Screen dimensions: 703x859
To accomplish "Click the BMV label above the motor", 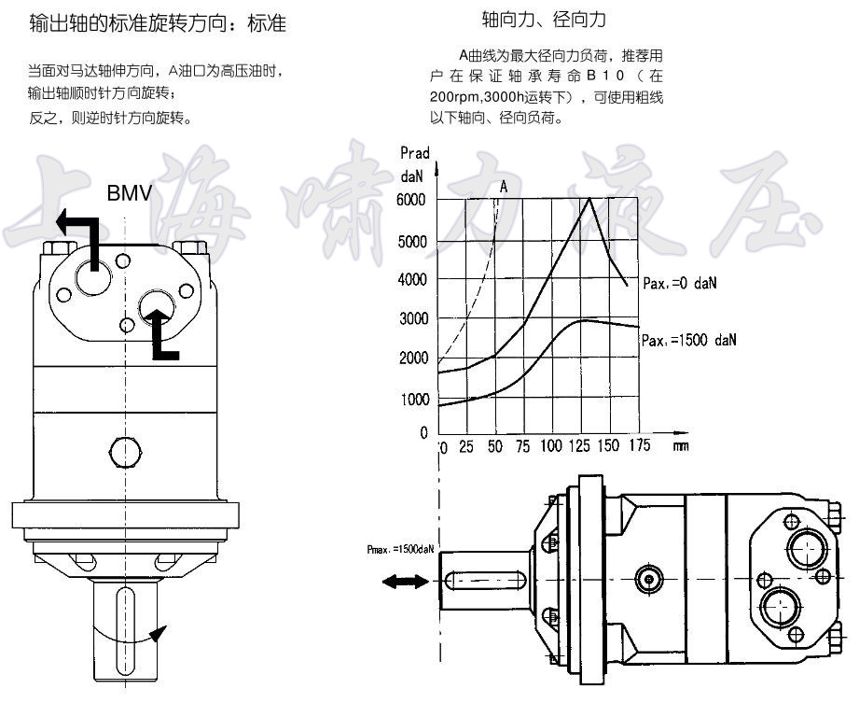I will [129, 194].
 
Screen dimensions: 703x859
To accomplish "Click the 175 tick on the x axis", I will [640, 446].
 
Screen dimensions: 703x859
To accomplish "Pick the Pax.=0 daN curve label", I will [672, 281].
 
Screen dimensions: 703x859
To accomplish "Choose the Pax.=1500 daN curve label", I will [688, 341].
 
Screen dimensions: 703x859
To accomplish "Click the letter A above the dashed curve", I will [504, 187].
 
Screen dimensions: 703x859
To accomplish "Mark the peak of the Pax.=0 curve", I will [589, 199].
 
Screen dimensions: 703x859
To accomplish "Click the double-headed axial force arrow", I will [401, 582].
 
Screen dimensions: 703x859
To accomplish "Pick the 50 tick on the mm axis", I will [495, 446].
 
